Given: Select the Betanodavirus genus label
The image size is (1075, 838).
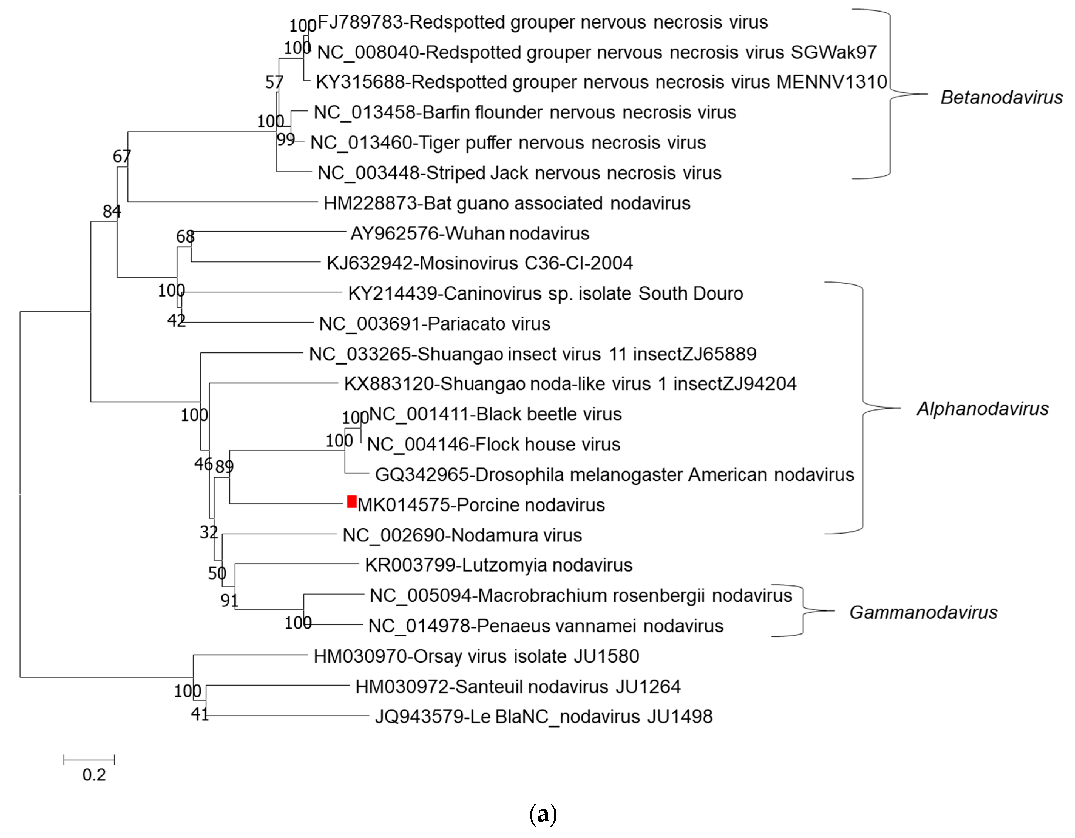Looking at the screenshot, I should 1001,97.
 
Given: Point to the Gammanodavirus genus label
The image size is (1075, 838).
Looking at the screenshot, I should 923,612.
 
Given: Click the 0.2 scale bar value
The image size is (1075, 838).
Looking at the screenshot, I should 94,775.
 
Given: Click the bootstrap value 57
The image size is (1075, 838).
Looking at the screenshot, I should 274,82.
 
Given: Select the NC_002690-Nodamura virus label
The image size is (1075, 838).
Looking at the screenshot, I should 462,535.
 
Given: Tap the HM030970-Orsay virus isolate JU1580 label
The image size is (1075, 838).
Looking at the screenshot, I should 476,656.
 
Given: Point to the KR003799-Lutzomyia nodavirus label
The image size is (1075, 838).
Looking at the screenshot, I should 499,565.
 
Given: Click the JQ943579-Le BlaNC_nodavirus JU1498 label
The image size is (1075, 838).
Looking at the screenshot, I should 543,716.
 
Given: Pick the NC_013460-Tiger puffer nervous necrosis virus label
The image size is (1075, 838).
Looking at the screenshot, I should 508,142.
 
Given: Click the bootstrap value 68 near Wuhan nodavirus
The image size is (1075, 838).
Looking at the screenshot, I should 185,236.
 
